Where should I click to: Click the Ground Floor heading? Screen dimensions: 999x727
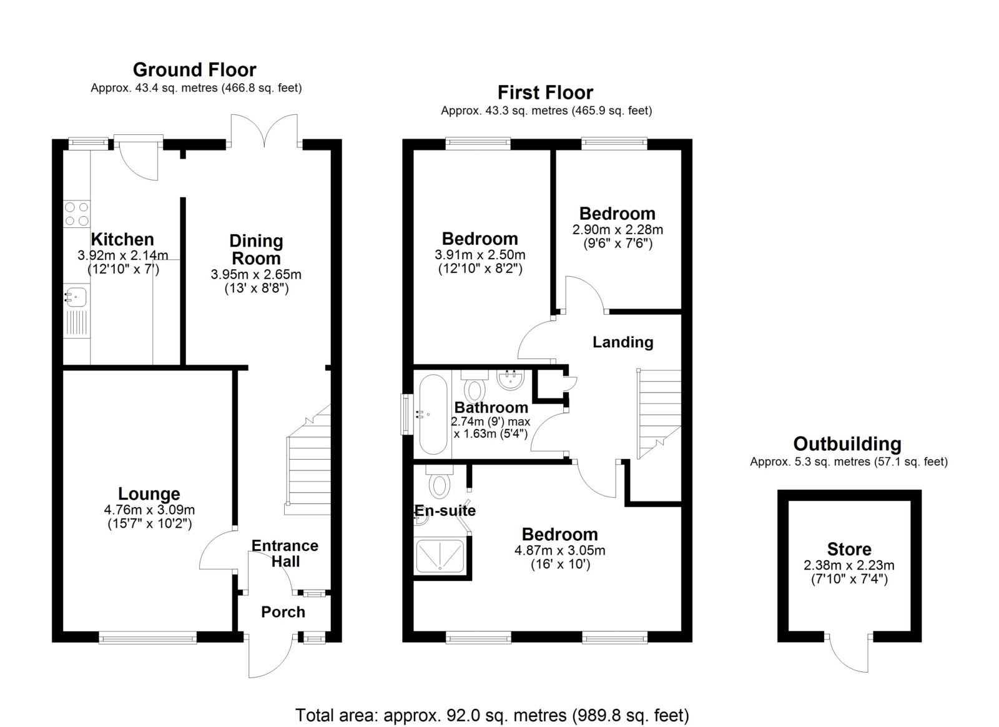pyautogui.click(x=194, y=70)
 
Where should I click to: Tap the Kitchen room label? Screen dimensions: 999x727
pyautogui.click(x=122, y=239)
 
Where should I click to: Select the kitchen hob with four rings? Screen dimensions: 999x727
pyautogui.click(x=77, y=214)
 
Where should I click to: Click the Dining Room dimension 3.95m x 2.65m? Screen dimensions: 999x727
pyautogui.click(x=256, y=274)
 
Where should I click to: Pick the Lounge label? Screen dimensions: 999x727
pyautogui.click(x=149, y=494)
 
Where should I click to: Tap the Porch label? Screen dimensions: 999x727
pyautogui.click(x=283, y=612)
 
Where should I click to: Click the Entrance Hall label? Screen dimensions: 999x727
pyautogui.click(x=285, y=553)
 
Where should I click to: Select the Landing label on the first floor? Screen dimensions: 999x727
pyautogui.click(x=623, y=342)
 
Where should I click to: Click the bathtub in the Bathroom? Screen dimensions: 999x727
pyautogui.click(x=433, y=414)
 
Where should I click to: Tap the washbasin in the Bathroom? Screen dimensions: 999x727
pyautogui.click(x=510, y=380)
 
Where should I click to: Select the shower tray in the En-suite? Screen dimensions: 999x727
pyautogui.click(x=440, y=556)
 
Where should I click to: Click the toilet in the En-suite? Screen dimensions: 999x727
pyautogui.click(x=440, y=482)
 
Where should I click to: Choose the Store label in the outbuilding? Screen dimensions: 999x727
pyautogui.click(x=849, y=549)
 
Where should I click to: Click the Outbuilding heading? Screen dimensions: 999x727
pyautogui.click(x=847, y=444)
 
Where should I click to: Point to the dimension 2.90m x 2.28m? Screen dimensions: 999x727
pyautogui.click(x=618, y=230)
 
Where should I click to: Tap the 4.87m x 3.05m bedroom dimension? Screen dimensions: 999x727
pyautogui.click(x=560, y=550)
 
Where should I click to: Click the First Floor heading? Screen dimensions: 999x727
pyautogui.click(x=546, y=93)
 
